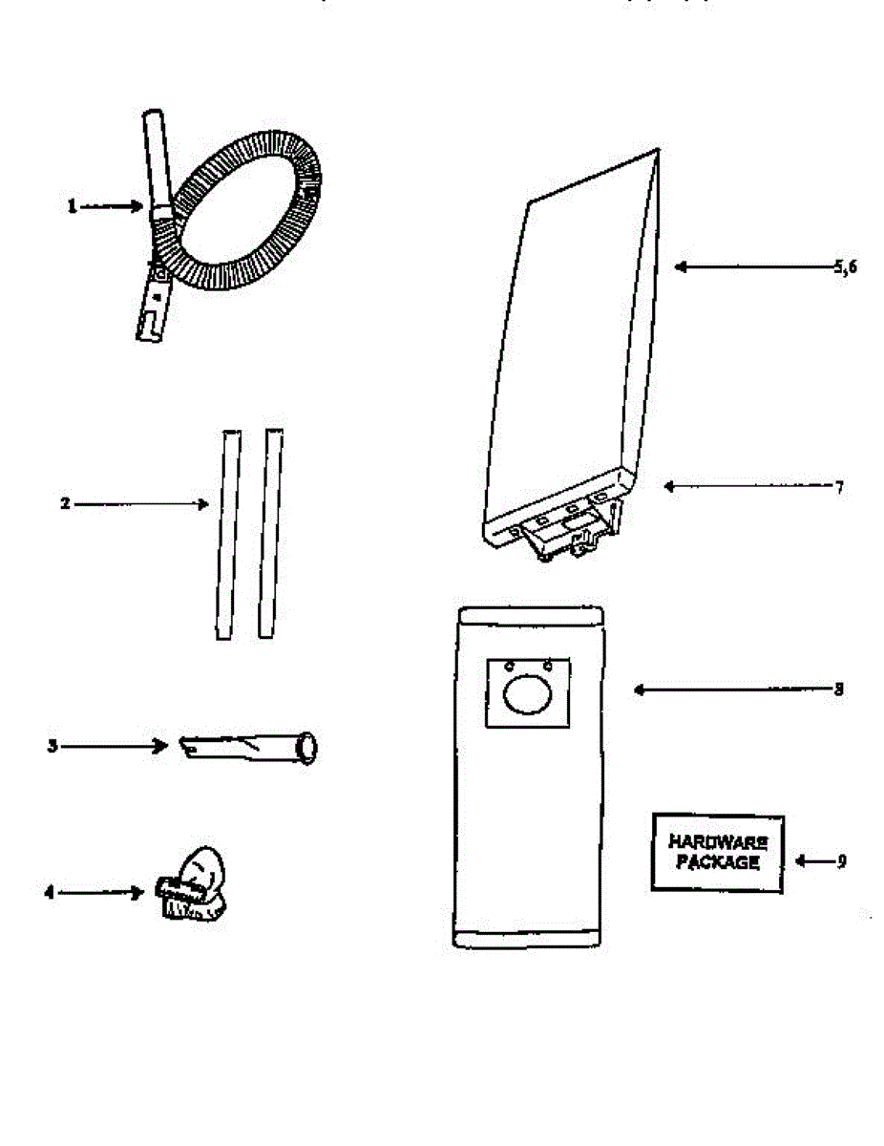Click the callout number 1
[x=72, y=206]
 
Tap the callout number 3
[x=53, y=746]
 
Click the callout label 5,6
[x=845, y=267]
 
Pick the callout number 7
[x=838, y=486]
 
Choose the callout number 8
[x=838, y=689]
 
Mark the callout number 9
[x=841, y=860]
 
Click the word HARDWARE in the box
[x=717, y=843]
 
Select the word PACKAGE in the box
[x=717, y=863]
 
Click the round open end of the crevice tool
[x=307, y=747]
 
